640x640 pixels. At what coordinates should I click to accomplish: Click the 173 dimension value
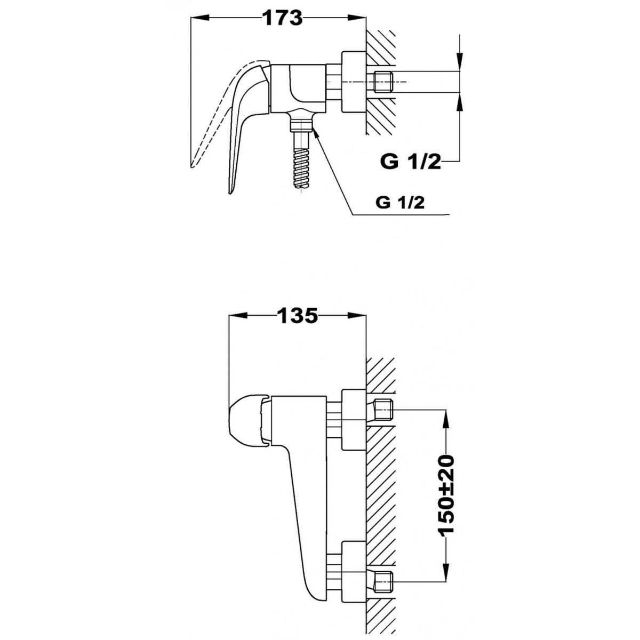[x=283, y=18]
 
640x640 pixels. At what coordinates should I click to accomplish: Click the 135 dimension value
[x=298, y=316]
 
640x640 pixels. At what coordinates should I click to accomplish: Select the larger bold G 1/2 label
[x=411, y=162]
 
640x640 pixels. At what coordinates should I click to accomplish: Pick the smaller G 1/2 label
[x=400, y=203]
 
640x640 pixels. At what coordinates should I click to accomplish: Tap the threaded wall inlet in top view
[x=382, y=82]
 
